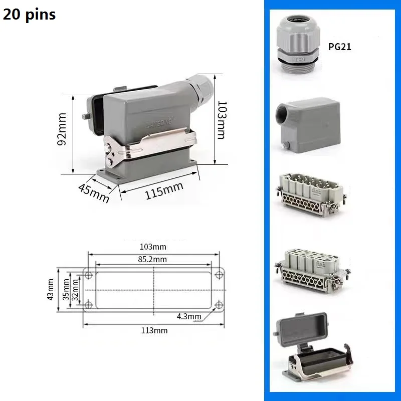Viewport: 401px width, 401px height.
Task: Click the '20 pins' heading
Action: tap(29, 15)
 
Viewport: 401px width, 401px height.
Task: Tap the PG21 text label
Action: tap(340, 47)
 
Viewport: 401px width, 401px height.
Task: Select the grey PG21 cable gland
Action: tap(298, 45)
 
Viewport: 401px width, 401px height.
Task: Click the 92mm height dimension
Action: tap(62, 129)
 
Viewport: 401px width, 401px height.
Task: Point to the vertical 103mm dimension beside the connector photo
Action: tap(222, 120)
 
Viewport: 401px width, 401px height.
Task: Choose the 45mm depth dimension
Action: tap(94, 193)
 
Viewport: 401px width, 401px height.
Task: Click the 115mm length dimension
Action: tap(164, 190)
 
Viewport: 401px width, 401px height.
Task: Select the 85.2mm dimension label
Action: tap(152, 259)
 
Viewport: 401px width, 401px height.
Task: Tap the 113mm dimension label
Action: tap(154, 330)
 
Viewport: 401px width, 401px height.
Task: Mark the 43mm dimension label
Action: tap(51, 290)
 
